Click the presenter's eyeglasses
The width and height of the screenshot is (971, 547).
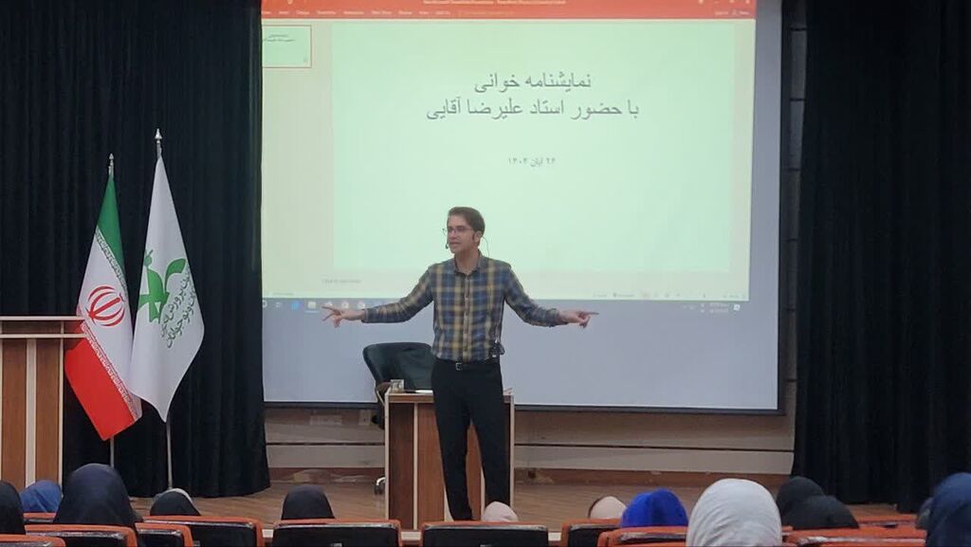458,229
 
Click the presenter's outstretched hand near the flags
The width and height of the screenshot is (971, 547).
335,314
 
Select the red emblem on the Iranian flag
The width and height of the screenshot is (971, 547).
105,306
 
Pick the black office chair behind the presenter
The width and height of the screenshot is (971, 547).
398,365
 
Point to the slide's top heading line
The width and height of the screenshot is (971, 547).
532,82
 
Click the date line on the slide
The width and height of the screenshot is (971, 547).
532,161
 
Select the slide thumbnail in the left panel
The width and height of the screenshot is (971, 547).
286,46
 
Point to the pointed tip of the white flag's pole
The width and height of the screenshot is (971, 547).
157,135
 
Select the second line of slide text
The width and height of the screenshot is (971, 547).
532,111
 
